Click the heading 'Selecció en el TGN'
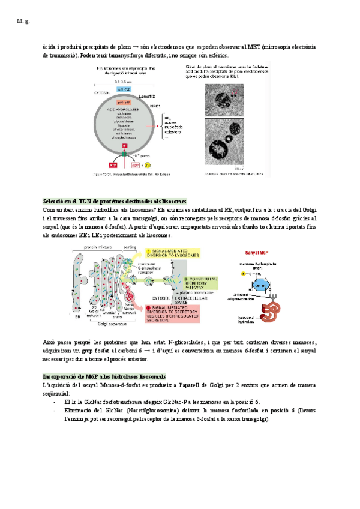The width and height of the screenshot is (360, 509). click(x=115, y=201)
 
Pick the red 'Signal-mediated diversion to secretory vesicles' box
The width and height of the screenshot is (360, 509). click(x=180, y=313)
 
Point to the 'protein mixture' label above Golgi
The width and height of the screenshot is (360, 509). click(x=97, y=247)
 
